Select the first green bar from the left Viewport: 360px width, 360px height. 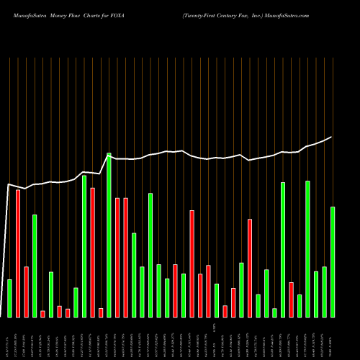9,298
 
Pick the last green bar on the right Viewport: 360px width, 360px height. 333,262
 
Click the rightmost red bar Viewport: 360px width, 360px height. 291,300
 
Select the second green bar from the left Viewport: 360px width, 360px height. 34,266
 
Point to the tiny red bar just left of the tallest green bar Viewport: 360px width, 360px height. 101,312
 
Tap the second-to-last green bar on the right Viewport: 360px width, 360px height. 324,292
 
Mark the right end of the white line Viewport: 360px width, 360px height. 331,137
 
